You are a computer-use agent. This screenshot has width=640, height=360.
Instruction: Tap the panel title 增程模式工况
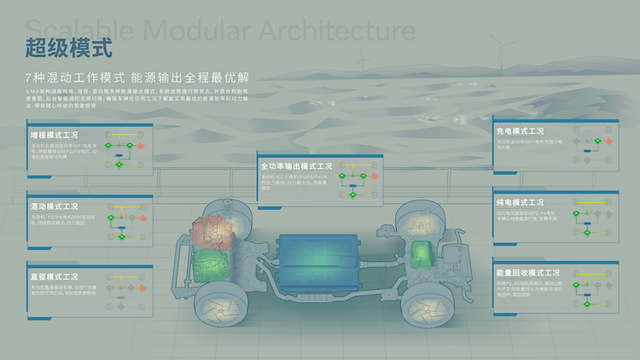tap(54, 135)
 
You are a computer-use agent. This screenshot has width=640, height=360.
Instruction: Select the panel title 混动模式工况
tap(54, 206)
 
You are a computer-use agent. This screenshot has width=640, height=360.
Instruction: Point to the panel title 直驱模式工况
tap(54, 277)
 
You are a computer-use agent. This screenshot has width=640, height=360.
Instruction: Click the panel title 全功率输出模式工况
tap(295, 165)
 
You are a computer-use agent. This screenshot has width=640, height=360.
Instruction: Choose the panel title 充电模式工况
tap(520, 131)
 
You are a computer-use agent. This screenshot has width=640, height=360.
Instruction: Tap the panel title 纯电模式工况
tap(520, 202)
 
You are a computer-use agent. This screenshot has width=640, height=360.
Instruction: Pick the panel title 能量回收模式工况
tap(526, 273)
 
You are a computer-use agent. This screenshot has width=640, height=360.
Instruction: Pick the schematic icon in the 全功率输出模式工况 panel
tap(358, 182)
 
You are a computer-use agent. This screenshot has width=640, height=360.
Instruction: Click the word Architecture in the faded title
tap(334, 32)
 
